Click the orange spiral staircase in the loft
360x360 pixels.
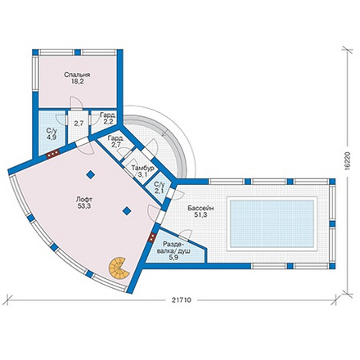(x=118, y=268)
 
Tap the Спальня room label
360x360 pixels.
(x=77, y=74)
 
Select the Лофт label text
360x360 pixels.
(x=84, y=199)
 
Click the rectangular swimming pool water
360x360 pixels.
(x=272, y=223)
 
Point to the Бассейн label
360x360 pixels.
(x=200, y=208)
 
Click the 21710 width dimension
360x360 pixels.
(x=182, y=300)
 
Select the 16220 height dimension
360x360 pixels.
(x=347, y=160)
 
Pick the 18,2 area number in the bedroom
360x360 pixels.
(x=78, y=81)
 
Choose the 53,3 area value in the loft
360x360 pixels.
(x=84, y=206)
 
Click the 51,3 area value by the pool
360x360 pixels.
(x=200, y=215)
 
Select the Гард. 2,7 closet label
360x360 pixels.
(x=115, y=142)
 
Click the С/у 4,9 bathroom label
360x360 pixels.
(x=52, y=134)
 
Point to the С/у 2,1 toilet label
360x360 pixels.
(x=160, y=187)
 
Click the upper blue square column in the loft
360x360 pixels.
(x=91, y=174)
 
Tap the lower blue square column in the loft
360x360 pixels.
(x=127, y=210)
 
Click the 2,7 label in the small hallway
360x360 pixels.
(x=79, y=123)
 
